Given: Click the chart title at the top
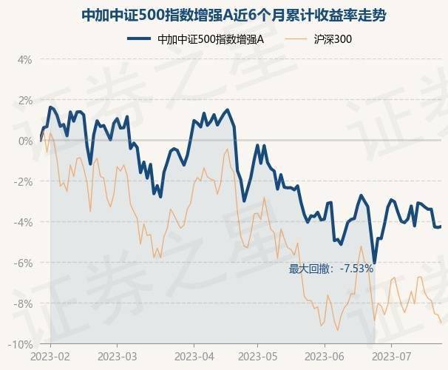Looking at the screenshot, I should [224, 15].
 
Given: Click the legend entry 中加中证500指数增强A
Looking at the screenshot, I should [211, 40].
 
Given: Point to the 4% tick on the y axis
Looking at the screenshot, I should [24, 59].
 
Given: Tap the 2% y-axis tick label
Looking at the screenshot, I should [24, 100].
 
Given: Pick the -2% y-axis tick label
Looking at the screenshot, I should [23, 181].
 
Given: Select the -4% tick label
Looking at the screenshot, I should [23, 222].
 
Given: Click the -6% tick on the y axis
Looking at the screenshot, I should [23, 263].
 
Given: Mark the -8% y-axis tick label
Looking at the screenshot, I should [23, 303].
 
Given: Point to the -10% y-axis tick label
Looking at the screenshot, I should [21, 344].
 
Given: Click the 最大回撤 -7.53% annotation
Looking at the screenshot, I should [330, 269].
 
